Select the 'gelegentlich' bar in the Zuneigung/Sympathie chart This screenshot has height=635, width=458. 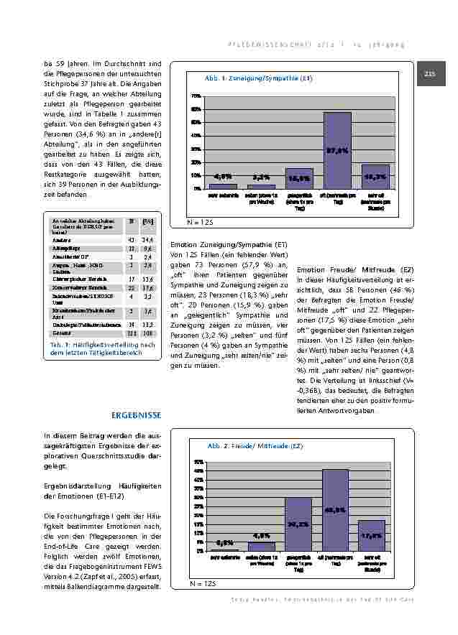tap(299, 178)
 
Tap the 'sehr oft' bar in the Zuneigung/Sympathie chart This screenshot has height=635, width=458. tap(375, 177)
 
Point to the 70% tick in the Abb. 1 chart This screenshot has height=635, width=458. tap(196, 96)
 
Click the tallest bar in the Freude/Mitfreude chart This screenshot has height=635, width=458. tap(335, 510)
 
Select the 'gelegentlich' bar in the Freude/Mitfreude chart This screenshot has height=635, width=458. tap(298, 524)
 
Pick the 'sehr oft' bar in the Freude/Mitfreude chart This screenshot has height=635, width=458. tap(372, 535)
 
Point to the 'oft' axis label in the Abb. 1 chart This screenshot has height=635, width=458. tap(336, 198)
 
